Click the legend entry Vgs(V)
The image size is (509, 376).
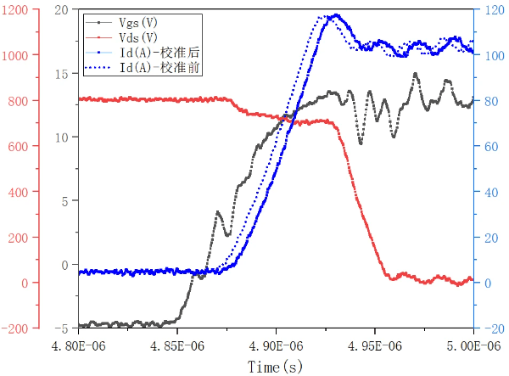click(141, 24)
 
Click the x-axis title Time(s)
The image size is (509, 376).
click(275, 367)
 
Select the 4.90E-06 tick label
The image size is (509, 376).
click(276, 346)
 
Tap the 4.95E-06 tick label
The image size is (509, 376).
click(375, 346)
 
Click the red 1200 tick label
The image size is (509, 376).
click(15, 9)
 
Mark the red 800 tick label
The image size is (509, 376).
click(19, 100)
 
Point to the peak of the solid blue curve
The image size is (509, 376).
click(337, 14)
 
